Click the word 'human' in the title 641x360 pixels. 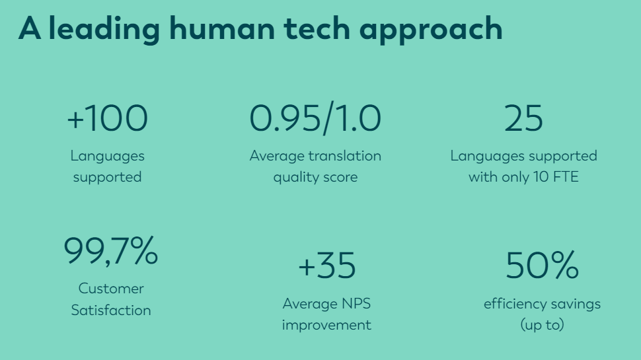222,28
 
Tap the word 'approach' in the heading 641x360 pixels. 431,30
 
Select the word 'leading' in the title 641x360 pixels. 104,30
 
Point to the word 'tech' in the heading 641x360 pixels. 317,28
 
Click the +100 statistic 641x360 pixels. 107,118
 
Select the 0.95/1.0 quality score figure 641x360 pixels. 315,118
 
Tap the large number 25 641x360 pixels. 523,118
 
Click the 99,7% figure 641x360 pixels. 111,251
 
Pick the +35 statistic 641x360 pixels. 327,266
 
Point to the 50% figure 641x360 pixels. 542,265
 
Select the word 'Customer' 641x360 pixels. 111,289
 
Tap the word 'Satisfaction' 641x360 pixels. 111,310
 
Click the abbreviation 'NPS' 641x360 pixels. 356,304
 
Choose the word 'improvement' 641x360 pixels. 326,325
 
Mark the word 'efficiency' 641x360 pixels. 515,305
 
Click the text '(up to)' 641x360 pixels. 542,325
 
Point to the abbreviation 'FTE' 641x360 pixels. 566,177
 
